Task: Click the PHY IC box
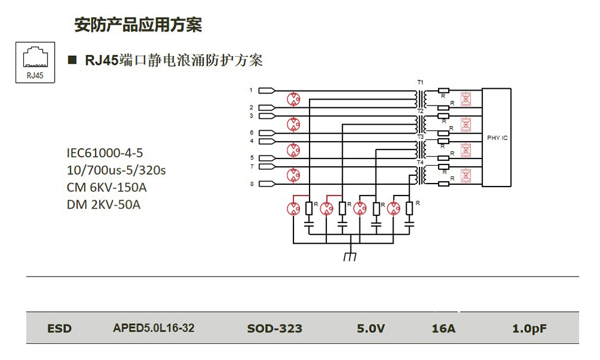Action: (x=497, y=137)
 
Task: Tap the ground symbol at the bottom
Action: (x=350, y=256)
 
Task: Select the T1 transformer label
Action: (x=420, y=81)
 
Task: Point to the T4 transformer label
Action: (x=420, y=163)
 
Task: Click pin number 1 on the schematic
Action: (x=251, y=90)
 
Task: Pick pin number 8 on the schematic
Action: (x=251, y=184)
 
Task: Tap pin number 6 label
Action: (x=251, y=132)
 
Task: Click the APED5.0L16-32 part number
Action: (x=154, y=328)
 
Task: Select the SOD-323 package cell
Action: (x=274, y=328)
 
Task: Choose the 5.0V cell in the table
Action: (x=371, y=328)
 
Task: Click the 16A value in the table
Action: (x=443, y=328)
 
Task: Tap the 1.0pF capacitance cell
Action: (x=529, y=328)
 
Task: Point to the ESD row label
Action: (x=59, y=328)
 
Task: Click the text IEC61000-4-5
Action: (x=104, y=153)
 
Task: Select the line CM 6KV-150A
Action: (x=106, y=187)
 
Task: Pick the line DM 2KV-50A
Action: (x=103, y=205)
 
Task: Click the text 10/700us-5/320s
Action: (x=116, y=170)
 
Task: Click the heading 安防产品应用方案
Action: (x=138, y=25)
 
